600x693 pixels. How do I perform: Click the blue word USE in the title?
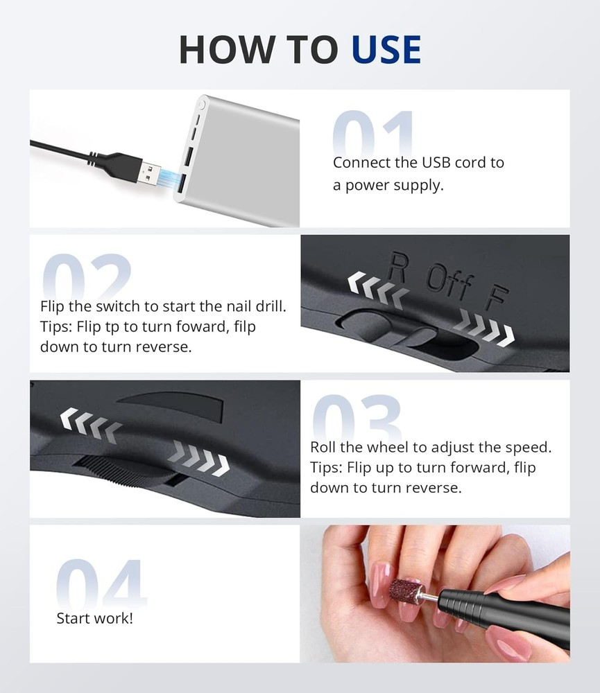(386, 49)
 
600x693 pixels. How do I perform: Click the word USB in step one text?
(440, 163)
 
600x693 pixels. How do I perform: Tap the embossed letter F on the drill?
(494, 298)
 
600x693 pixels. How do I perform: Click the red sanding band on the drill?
(406, 590)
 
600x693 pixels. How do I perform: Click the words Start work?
(94, 617)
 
